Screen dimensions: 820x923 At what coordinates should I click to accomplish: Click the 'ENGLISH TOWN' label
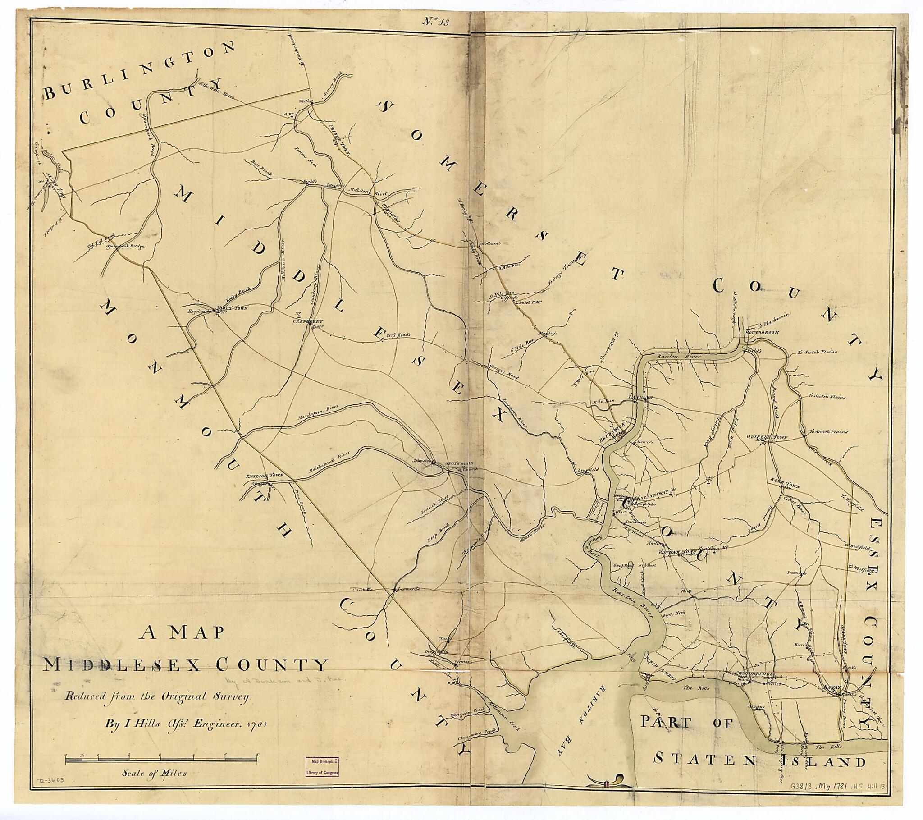click(x=264, y=476)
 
